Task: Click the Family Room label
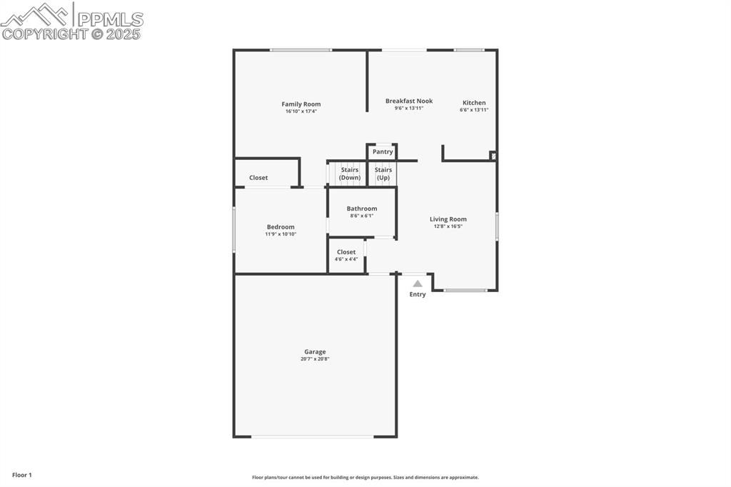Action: [x=301, y=104]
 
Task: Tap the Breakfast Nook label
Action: [x=409, y=101]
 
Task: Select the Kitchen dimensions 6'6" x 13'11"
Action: [x=474, y=110]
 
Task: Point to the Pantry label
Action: [x=383, y=151]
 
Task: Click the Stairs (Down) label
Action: [x=350, y=174]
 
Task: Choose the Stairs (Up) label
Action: [x=383, y=174]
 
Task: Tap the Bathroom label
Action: [x=362, y=209]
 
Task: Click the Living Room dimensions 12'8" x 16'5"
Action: [x=448, y=226]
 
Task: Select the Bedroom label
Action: [x=281, y=227]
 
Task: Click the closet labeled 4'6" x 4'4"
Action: [x=346, y=255]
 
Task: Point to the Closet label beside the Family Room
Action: [x=258, y=178]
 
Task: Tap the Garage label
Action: [x=315, y=351]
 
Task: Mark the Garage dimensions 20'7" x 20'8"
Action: [x=315, y=359]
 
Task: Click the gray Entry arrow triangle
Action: [x=418, y=283]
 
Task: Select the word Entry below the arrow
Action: [x=418, y=294]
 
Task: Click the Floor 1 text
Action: [x=22, y=475]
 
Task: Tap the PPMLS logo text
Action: [x=110, y=19]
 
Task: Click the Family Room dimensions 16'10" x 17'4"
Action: [x=301, y=111]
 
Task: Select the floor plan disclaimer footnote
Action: [x=365, y=478]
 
